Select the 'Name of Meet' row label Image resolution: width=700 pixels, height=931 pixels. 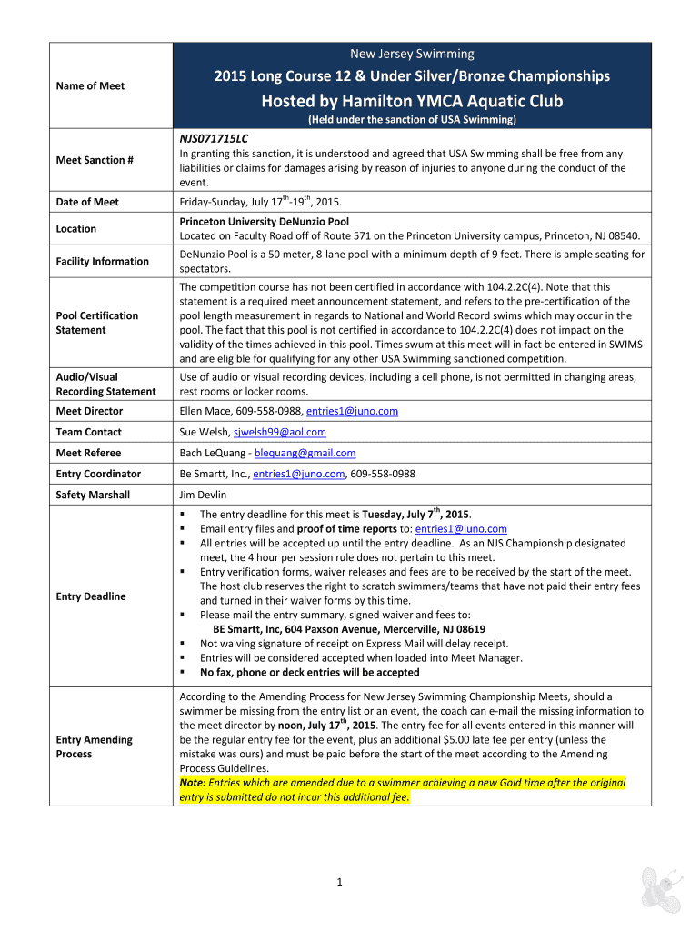(x=91, y=85)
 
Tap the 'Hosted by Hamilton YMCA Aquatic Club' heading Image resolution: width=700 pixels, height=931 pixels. (x=413, y=101)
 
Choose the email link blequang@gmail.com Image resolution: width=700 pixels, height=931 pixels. (x=305, y=453)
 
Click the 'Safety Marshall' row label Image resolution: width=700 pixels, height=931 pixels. (x=93, y=495)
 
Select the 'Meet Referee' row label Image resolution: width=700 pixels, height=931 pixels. (x=88, y=453)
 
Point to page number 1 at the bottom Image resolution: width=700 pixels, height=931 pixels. (x=336, y=881)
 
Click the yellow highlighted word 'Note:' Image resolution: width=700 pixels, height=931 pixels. (x=193, y=783)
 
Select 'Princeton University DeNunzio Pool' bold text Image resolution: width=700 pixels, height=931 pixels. (x=265, y=221)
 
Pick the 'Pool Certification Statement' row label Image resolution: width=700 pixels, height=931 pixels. (x=97, y=323)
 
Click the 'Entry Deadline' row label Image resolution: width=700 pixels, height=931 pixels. (x=91, y=596)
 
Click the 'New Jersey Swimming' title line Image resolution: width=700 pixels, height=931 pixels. (x=413, y=55)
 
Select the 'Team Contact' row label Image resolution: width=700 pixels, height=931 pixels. (x=88, y=432)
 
